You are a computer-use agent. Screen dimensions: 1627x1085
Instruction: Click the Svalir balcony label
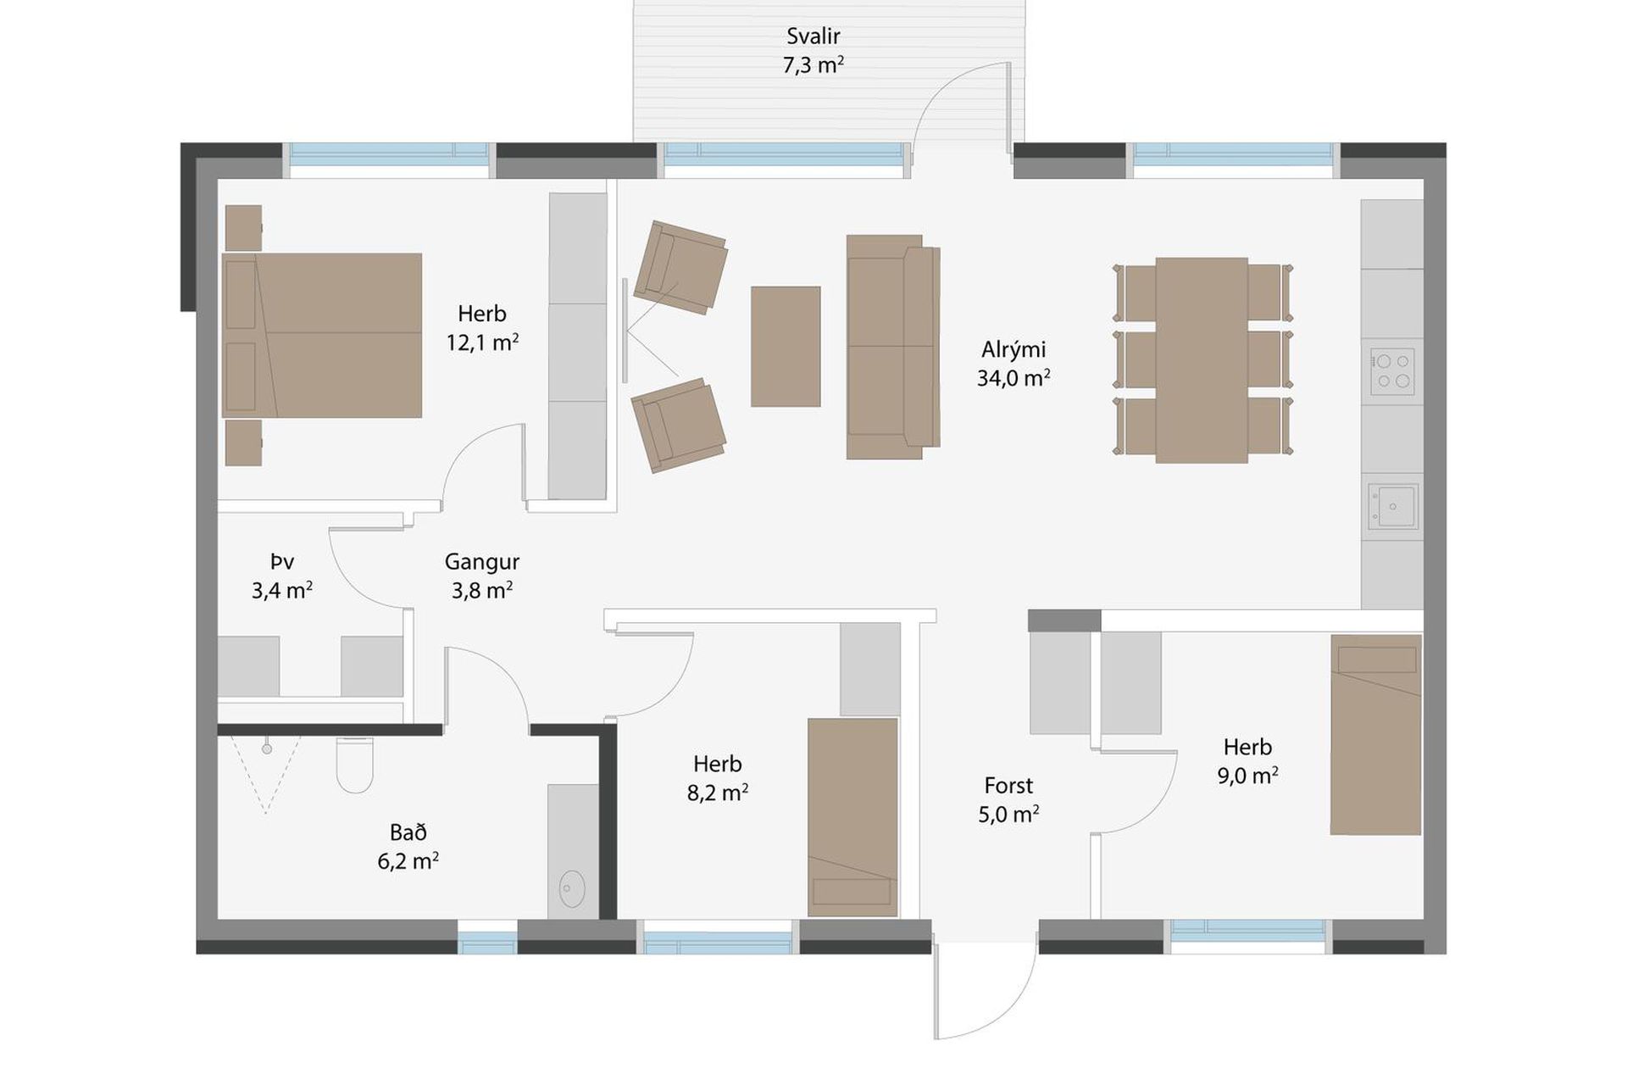813,36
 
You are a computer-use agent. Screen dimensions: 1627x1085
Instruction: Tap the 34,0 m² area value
1013,378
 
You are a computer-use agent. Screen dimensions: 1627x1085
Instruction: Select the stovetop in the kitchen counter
1392,371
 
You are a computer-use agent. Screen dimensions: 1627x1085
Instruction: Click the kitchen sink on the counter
1392,506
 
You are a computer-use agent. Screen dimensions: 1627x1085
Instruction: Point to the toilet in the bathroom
355,765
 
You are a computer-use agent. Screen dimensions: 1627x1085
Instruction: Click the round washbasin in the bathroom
573,888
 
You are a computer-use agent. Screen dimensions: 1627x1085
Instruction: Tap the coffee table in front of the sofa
786,347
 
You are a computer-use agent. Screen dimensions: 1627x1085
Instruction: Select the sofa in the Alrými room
893,348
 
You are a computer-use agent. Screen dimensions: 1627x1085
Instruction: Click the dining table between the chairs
1202,360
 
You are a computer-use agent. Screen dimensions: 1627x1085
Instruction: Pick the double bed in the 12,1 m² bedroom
322,336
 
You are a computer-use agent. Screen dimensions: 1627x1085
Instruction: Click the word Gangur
482,562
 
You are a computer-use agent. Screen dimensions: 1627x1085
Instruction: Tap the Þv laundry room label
282,562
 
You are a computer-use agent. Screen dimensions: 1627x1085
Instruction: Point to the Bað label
408,832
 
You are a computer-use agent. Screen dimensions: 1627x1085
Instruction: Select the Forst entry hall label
1008,786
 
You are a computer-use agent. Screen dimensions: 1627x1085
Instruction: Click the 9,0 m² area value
1247,776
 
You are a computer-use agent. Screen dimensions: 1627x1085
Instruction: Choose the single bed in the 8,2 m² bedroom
852,817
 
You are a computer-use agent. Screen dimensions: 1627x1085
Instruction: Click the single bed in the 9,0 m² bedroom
1375,735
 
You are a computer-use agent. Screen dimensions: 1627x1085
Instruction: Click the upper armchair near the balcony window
680,267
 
